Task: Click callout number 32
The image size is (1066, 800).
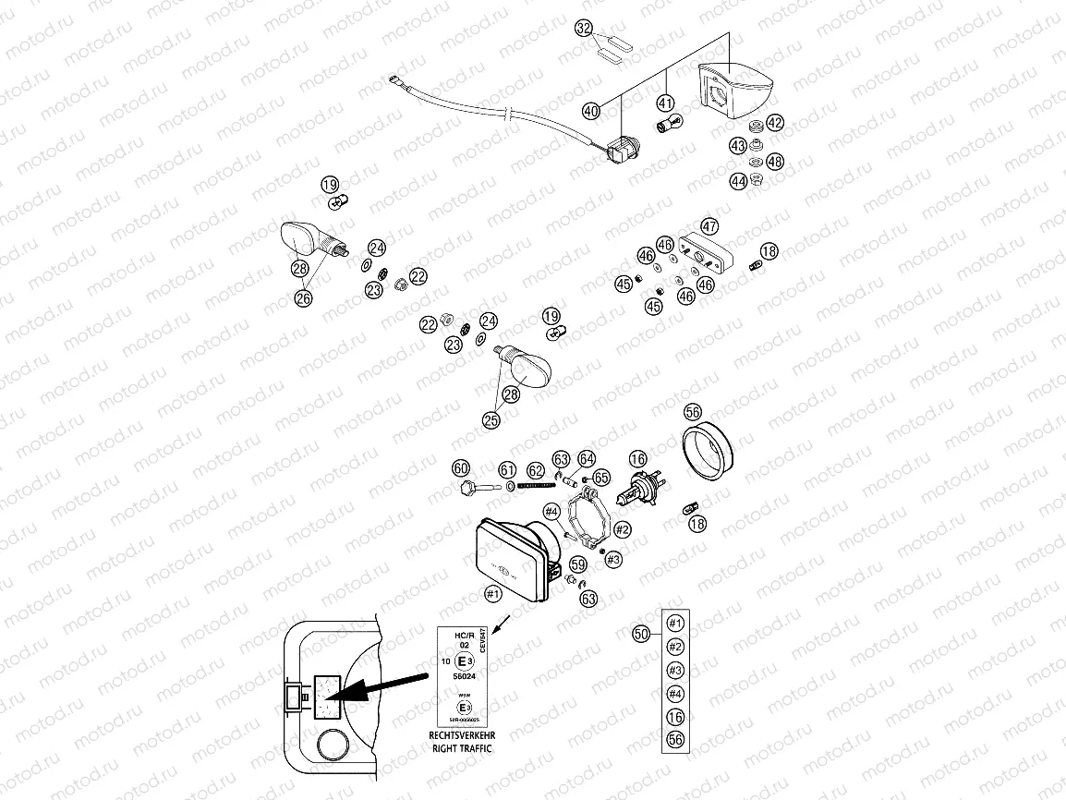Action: click(x=584, y=29)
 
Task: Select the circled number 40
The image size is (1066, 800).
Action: click(x=591, y=111)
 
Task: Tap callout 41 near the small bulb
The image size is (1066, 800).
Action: click(x=666, y=103)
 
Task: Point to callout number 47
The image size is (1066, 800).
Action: click(x=709, y=226)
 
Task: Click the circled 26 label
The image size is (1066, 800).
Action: click(x=304, y=297)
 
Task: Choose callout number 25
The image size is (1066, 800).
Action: click(x=491, y=419)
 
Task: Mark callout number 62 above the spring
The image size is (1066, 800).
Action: click(x=536, y=470)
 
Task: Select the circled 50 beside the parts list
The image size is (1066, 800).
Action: click(x=642, y=634)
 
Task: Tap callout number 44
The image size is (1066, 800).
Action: click(x=737, y=182)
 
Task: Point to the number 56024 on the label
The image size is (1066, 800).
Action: click(x=459, y=676)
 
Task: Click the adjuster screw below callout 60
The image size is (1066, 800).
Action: click(x=469, y=488)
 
